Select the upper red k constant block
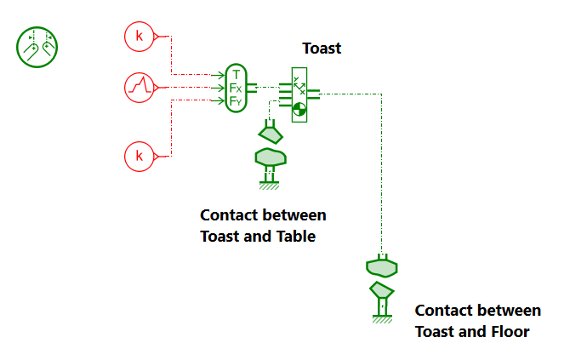pos(138,36)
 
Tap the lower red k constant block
pos(138,156)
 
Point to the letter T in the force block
pos(236,74)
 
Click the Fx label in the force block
pos(236,88)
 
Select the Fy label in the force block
pos(236,101)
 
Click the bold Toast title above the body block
pos(322,49)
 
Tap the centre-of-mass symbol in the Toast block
pos(299,109)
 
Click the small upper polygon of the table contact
pos(271,134)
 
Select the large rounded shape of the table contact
pos(271,157)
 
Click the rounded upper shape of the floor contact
pos(382,268)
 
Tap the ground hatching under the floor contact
pos(382,320)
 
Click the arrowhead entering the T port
pos(222,74)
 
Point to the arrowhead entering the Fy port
pos(222,101)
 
